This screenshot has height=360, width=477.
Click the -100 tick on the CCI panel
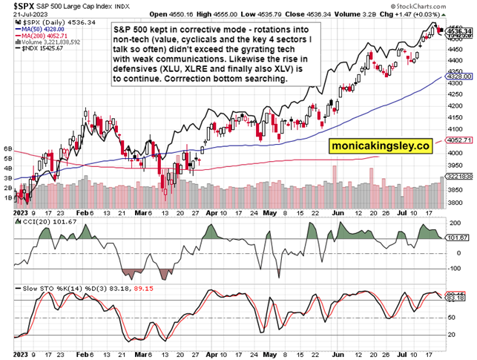[x=453, y=268]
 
